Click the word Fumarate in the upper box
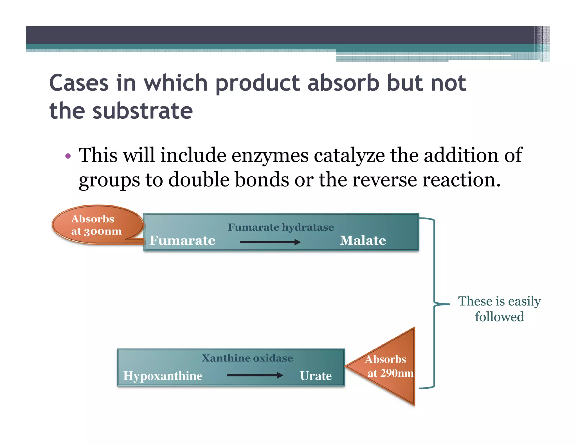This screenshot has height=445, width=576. tap(182, 241)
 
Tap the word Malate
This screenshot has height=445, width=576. tap(363, 241)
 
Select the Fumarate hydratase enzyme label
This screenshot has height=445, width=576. tap(281, 227)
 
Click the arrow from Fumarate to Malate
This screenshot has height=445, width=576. tap(270, 242)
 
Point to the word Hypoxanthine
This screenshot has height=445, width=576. tap(163, 376)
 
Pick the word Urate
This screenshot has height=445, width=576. tap(316, 376)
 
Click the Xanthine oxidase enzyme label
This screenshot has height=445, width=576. tap(247, 358)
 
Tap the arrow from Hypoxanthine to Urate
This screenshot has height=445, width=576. tap(255, 375)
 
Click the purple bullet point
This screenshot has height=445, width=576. tap(68, 156)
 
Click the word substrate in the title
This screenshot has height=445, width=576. tap(143, 111)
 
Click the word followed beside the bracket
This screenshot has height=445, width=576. tap(499, 317)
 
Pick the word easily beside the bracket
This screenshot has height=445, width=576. tap(525, 302)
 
